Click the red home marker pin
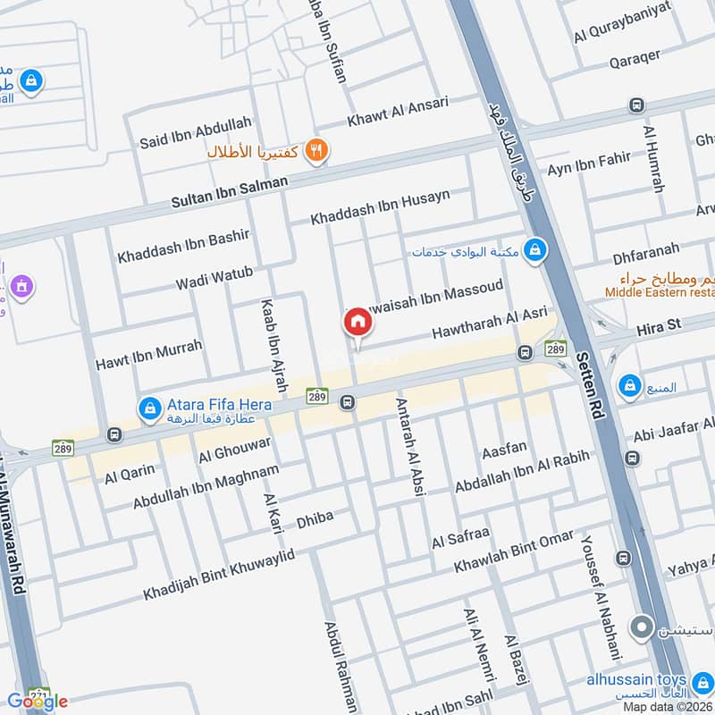[357, 322]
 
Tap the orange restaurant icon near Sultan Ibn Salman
[315, 151]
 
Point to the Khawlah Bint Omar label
[513, 551]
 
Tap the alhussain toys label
[636, 679]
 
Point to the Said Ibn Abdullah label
[195, 132]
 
